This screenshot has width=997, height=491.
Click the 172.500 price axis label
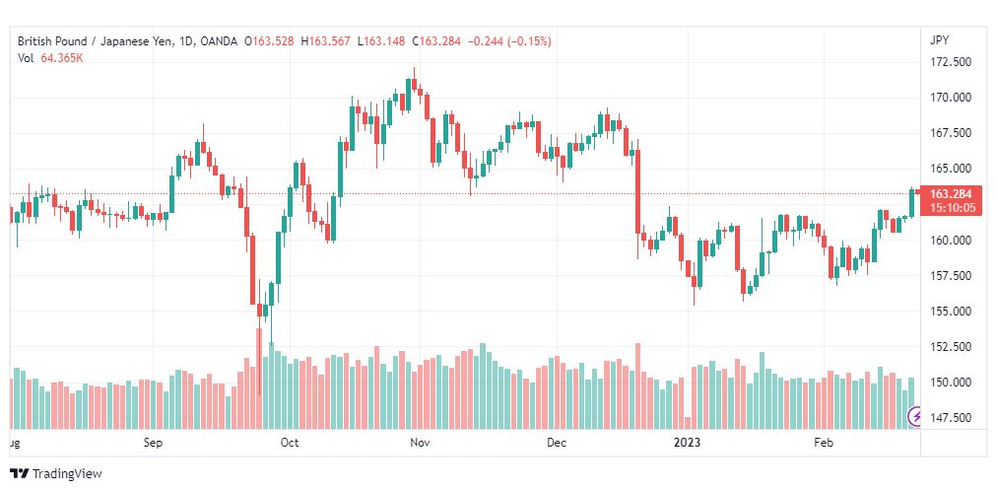(950, 62)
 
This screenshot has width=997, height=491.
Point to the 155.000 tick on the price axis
(950, 311)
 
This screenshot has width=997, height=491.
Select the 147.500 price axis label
(950, 418)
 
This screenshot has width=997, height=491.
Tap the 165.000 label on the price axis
(950, 169)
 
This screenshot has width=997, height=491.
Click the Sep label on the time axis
(154, 443)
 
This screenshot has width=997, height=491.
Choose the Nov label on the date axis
(420, 443)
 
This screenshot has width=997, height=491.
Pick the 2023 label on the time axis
(688, 443)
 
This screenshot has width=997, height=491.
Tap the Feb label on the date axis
(824, 443)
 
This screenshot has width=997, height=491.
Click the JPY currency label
(939, 40)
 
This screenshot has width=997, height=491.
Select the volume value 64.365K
(62, 58)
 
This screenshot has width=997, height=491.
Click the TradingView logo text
(67, 474)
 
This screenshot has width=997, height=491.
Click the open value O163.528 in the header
(274, 41)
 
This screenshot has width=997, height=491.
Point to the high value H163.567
(325, 41)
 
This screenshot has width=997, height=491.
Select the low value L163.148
(381, 41)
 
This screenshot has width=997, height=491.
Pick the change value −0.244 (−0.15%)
(509, 41)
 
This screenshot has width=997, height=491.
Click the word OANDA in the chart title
(219, 41)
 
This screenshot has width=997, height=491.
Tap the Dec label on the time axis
(556, 443)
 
